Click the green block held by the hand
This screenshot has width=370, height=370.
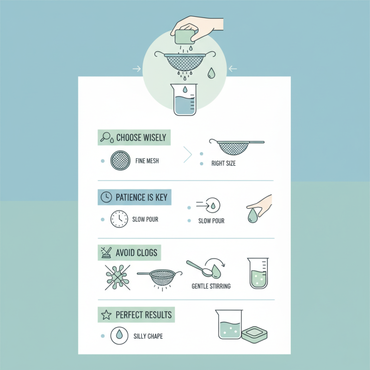coord(184,36)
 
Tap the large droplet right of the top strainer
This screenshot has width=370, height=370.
coord(211,73)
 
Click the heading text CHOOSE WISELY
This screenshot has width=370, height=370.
coord(141,137)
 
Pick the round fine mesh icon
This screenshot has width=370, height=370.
coord(119,160)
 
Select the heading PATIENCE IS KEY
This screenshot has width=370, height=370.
coord(141,197)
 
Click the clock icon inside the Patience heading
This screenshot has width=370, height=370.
coord(106,197)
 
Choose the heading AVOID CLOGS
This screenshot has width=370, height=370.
coord(136,253)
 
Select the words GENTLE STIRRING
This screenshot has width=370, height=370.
coord(211,286)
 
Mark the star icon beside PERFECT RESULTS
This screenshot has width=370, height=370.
coord(106,315)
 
